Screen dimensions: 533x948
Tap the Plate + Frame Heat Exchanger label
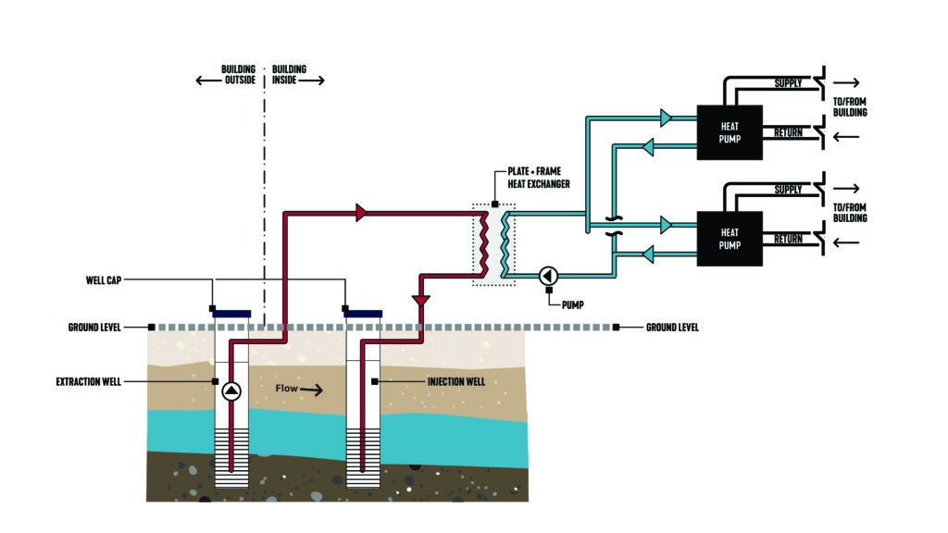pos(538,179)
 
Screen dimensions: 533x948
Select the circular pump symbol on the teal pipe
pos(548,275)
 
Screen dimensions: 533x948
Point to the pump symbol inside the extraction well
pos(231,390)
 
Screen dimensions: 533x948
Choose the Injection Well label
pos(457,381)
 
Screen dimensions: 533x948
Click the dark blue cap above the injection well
pos(363,314)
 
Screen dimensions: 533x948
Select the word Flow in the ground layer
pos(286,389)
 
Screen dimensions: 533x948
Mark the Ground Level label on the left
pos(95,327)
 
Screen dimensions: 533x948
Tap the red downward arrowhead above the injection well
pos(422,301)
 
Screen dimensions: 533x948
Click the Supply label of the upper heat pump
pos(789,84)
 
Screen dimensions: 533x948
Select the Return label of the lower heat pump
pos(788,239)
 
